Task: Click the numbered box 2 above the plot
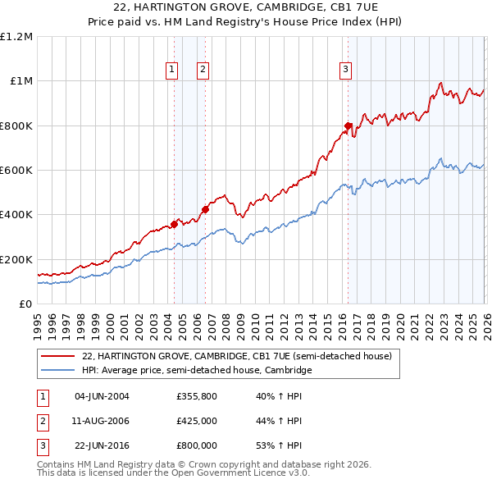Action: (202, 71)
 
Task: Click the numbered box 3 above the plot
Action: (346, 71)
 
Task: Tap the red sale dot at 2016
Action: (348, 126)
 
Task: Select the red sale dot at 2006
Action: (206, 209)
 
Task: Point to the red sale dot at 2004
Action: (174, 224)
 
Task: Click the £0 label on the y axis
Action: (26, 304)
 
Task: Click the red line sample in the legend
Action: (59, 357)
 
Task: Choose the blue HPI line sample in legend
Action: (59, 371)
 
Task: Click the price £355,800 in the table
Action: (196, 397)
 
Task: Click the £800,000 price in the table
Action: (196, 445)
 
